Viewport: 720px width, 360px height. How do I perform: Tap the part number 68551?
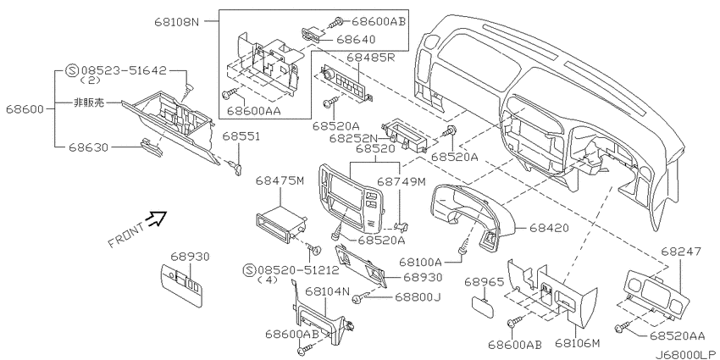[x=241, y=136]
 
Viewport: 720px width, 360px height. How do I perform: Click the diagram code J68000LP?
[x=685, y=353]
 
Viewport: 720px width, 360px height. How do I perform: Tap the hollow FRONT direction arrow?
[x=157, y=219]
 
